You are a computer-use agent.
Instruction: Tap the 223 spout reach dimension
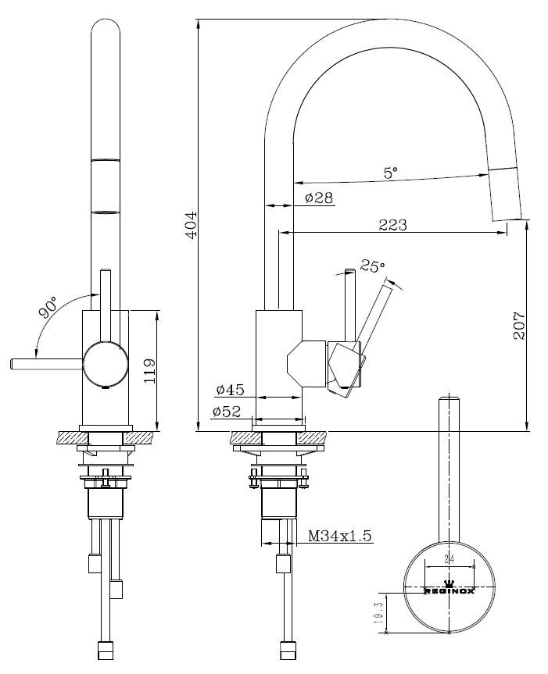(x=392, y=224)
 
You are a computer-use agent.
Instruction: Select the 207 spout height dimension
(x=519, y=325)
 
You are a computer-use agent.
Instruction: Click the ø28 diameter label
(x=319, y=198)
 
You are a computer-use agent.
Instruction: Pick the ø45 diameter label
(x=231, y=389)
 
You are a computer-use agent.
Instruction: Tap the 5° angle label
(x=391, y=173)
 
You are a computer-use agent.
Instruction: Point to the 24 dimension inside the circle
(x=449, y=558)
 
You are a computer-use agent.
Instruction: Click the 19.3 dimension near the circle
(x=378, y=611)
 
